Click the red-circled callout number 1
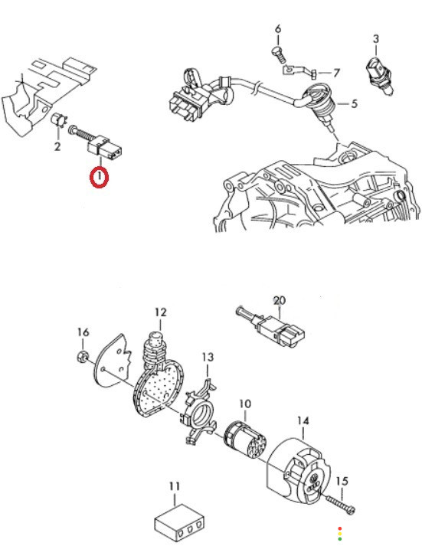(x=100, y=177)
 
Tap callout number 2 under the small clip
(x=57, y=146)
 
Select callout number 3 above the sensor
(x=376, y=38)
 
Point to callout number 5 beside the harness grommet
(x=354, y=103)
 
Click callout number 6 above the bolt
(x=278, y=29)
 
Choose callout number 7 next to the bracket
(x=336, y=73)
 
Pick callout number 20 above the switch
(x=280, y=300)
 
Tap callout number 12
(x=161, y=312)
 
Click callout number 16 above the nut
(x=83, y=332)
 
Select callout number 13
(x=208, y=357)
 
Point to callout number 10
(x=245, y=404)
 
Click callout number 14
(x=303, y=421)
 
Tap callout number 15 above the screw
(x=342, y=481)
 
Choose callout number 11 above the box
(x=175, y=486)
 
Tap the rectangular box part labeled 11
(x=179, y=523)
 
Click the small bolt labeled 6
(x=279, y=54)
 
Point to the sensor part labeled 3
(x=380, y=77)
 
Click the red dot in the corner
(x=340, y=528)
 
